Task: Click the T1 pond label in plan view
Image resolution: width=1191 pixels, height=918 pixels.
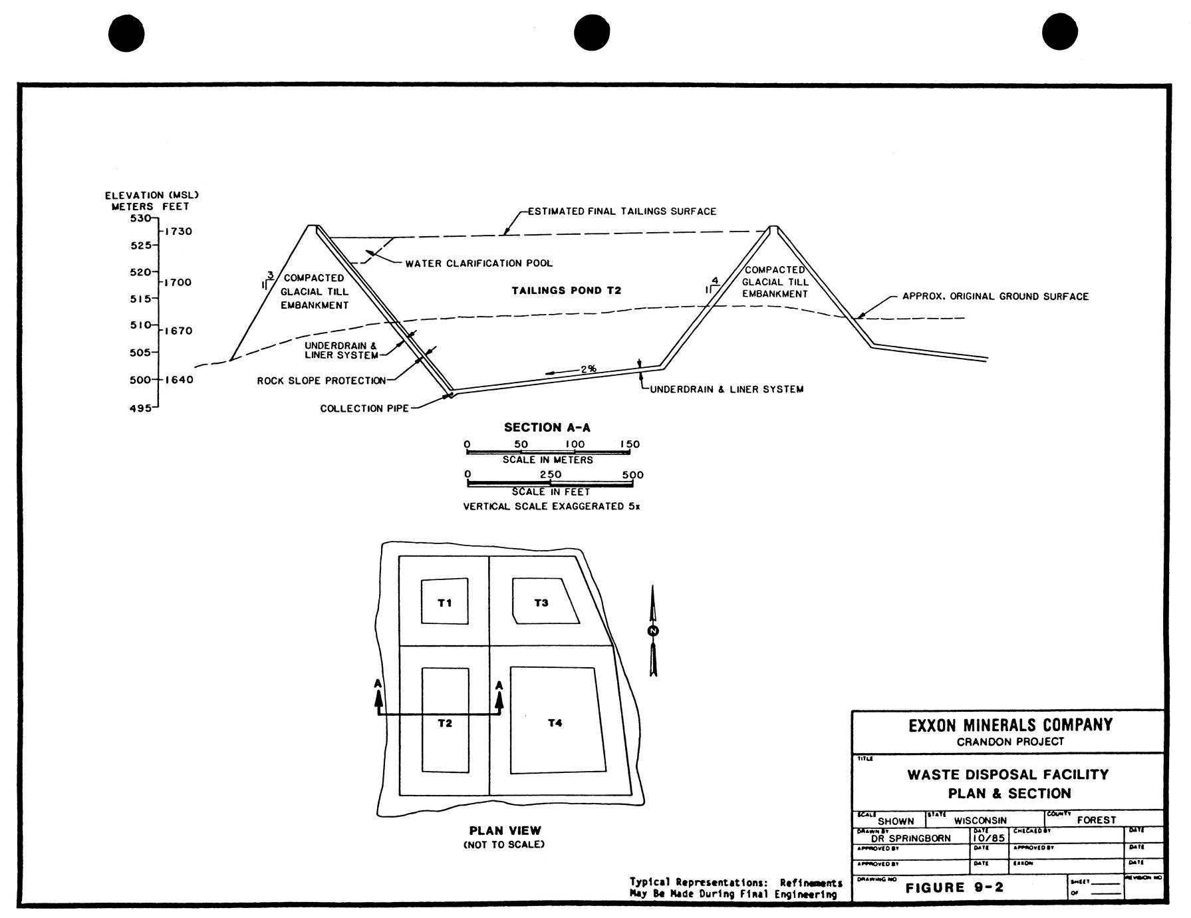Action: pos(445,603)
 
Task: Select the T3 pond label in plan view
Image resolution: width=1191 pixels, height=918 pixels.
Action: pos(541,603)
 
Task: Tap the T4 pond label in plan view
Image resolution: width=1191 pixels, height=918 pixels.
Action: pos(555,722)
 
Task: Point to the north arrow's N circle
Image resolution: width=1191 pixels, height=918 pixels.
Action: pos(654,631)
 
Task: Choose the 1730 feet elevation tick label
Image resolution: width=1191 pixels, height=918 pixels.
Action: pos(178,231)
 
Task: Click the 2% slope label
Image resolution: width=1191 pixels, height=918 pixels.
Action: pos(589,369)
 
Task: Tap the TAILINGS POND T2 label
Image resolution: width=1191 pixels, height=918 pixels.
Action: pos(566,291)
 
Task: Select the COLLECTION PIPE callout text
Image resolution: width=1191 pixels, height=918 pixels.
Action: pos(364,408)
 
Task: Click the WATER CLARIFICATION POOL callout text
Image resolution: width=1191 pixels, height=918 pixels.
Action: pos(479,263)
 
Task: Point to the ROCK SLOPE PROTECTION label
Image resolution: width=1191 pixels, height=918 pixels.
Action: pos(321,381)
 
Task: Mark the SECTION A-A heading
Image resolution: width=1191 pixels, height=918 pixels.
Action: pos(547,428)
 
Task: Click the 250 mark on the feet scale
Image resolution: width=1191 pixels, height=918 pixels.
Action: pos(551,475)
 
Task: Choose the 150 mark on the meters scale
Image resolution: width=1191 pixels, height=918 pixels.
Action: pos(629,444)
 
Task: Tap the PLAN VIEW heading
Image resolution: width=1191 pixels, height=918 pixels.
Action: pos(505,830)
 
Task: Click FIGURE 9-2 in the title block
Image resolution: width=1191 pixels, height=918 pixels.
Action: pos(954,887)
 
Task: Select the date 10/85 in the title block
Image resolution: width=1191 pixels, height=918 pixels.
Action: pos(988,838)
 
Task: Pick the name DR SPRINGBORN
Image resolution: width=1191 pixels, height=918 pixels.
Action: pos(910,838)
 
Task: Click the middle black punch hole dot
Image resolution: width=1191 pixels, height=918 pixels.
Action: pos(592,33)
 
